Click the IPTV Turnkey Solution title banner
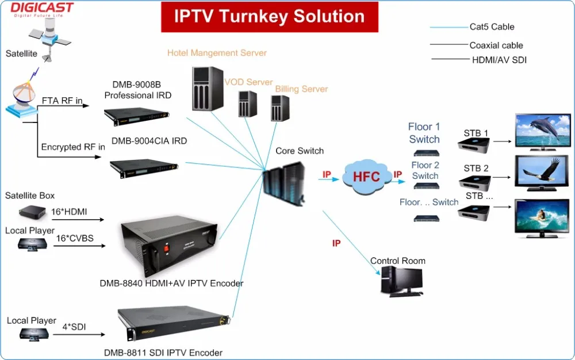tap(269, 17)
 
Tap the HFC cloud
tap(366, 176)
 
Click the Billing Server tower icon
tap(280, 108)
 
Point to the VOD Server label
tap(248, 82)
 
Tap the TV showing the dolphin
tap(542, 132)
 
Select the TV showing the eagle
tap(542, 175)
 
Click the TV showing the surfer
tap(542, 218)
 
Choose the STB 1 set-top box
tap(476, 145)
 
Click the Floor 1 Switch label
tap(424, 133)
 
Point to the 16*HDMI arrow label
tap(69, 212)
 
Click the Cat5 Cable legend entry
tap(492, 26)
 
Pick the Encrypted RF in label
tap(73, 147)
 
